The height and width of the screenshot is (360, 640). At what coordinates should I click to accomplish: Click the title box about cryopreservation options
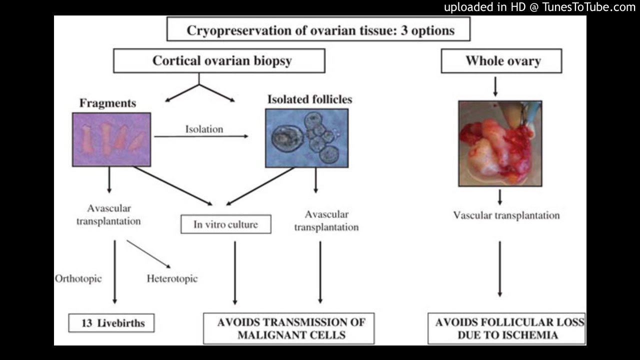tap(319, 29)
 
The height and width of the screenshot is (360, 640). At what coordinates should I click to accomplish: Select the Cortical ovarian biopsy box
tap(219, 61)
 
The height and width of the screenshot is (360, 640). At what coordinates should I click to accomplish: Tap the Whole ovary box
tap(501, 61)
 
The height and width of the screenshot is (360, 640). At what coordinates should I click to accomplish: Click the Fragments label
tap(107, 103)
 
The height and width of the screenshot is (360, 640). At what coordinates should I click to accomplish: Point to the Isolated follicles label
tap(309, 99)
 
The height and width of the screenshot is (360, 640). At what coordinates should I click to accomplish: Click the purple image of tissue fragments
tap(111, 139)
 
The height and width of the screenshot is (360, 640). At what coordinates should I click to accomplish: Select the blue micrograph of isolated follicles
tap(306, 137)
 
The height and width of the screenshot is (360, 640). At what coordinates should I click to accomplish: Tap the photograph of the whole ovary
tap(500, 143)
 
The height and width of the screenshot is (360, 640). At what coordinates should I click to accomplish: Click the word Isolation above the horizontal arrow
tap(204, 129)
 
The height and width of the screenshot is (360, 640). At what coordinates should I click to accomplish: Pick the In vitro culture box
tap(225, 224)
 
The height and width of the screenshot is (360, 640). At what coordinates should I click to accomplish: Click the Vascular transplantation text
tap(506, 215)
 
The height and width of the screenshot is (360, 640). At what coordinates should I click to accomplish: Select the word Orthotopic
tap(78, 278)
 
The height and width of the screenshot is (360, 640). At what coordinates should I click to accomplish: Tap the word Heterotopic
tap(172, 278)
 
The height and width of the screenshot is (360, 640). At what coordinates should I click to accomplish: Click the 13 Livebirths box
tap(111, 323)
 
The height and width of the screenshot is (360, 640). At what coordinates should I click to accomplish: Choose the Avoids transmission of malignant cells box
tap(288, 328)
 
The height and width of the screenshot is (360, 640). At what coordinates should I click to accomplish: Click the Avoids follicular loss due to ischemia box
tap(507, 328)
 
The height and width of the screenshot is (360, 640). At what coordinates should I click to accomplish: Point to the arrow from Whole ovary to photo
tap(495, 86)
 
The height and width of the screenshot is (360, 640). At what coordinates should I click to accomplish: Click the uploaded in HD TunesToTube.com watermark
tap(539, 7)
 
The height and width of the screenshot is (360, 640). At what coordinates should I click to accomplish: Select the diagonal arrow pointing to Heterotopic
tap(148, 254)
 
